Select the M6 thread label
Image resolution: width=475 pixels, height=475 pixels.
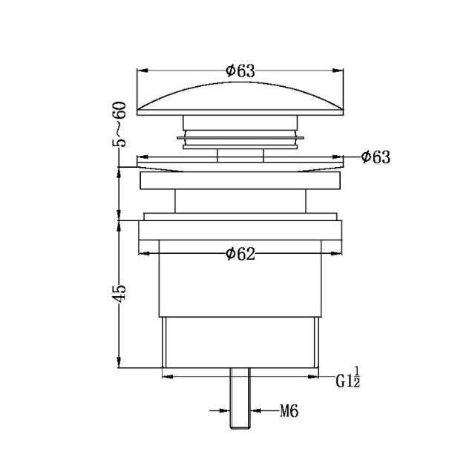coord(289,410)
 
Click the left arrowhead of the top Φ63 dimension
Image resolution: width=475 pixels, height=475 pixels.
coord(141,71)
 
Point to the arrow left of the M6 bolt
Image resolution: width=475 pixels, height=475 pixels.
coord(223,409)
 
